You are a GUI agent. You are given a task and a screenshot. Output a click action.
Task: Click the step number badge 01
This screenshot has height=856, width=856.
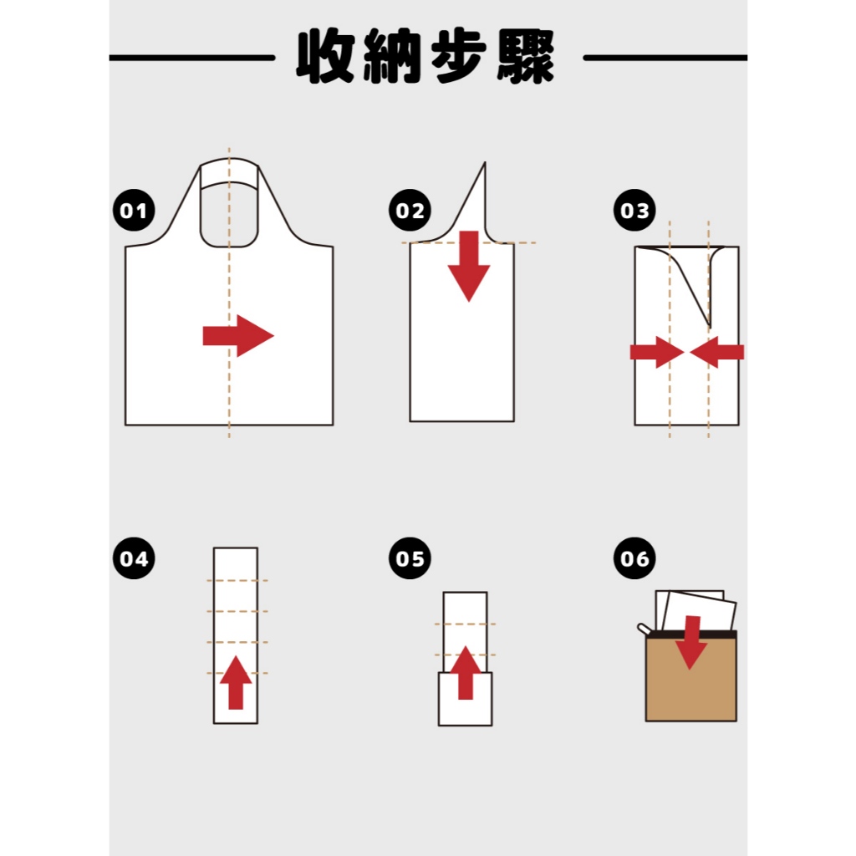[134, 210]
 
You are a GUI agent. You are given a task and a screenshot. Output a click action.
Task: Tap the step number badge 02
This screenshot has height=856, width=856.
[410, 210]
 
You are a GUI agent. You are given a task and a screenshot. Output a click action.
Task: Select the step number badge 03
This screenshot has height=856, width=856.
[634, 210]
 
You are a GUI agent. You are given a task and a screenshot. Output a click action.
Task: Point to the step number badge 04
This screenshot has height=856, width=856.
[134, 558]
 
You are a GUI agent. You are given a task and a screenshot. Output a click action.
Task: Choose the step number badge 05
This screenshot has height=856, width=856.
[410, 558]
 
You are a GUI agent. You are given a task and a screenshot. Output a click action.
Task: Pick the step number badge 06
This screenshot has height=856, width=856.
[634, 558]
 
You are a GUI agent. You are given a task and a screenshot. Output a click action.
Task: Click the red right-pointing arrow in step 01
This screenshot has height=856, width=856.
[238, 336]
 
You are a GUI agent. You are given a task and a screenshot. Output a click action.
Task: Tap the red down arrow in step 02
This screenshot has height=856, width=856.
[469, 266]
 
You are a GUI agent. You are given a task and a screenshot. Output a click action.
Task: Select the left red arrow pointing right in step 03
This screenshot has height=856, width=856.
[657, 352]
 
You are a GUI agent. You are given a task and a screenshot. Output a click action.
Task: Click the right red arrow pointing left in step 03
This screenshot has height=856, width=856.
[716, 352]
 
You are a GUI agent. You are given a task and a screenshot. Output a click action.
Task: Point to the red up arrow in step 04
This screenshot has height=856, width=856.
[236, 682]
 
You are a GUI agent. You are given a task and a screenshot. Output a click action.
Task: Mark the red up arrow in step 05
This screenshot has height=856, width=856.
[466, 673]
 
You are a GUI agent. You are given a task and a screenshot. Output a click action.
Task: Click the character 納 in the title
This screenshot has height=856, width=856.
[393, 56]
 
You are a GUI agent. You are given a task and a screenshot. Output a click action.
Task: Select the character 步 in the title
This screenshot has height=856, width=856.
[459, 56]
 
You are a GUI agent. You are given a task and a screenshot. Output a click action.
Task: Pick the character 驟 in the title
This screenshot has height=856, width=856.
[526, 56]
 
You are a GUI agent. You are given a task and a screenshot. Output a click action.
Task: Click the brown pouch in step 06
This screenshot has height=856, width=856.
[691, 675]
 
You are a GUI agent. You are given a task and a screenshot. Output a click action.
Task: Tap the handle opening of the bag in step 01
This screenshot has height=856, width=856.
[229, 215]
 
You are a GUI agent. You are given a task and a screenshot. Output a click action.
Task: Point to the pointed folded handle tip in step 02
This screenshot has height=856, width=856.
[484, 163]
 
